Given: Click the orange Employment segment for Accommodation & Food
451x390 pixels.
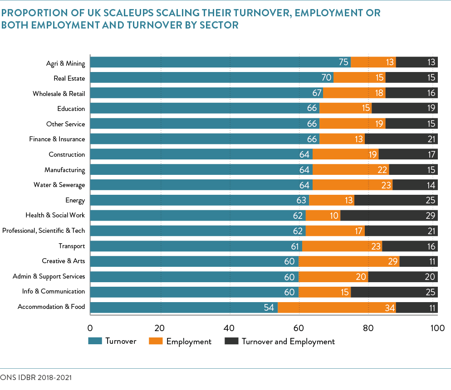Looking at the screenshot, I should point(336,308).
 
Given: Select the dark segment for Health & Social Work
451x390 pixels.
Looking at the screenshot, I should point(389,216).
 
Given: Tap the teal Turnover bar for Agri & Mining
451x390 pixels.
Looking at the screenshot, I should point(220,63).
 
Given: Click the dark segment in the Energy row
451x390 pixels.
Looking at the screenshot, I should point(395,200).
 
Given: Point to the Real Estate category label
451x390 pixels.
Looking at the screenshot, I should point(69,78).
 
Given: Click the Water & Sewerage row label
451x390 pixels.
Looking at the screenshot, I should point(59,185).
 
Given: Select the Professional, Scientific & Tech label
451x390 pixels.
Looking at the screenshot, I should point(44,231).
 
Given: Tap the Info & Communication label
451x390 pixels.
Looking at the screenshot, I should point(54,291).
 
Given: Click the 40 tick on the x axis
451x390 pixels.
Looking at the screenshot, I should point(229,327).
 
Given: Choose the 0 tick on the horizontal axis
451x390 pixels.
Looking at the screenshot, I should point(90,327).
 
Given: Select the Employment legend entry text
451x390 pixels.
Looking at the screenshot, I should point(189,342).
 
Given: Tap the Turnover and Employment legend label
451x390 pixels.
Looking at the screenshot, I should point(288,342).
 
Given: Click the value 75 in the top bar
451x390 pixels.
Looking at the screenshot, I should point(343,63).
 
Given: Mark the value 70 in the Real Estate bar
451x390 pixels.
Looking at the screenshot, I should point(327,78).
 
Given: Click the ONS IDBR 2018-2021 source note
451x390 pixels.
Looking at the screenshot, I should point(36,377).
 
